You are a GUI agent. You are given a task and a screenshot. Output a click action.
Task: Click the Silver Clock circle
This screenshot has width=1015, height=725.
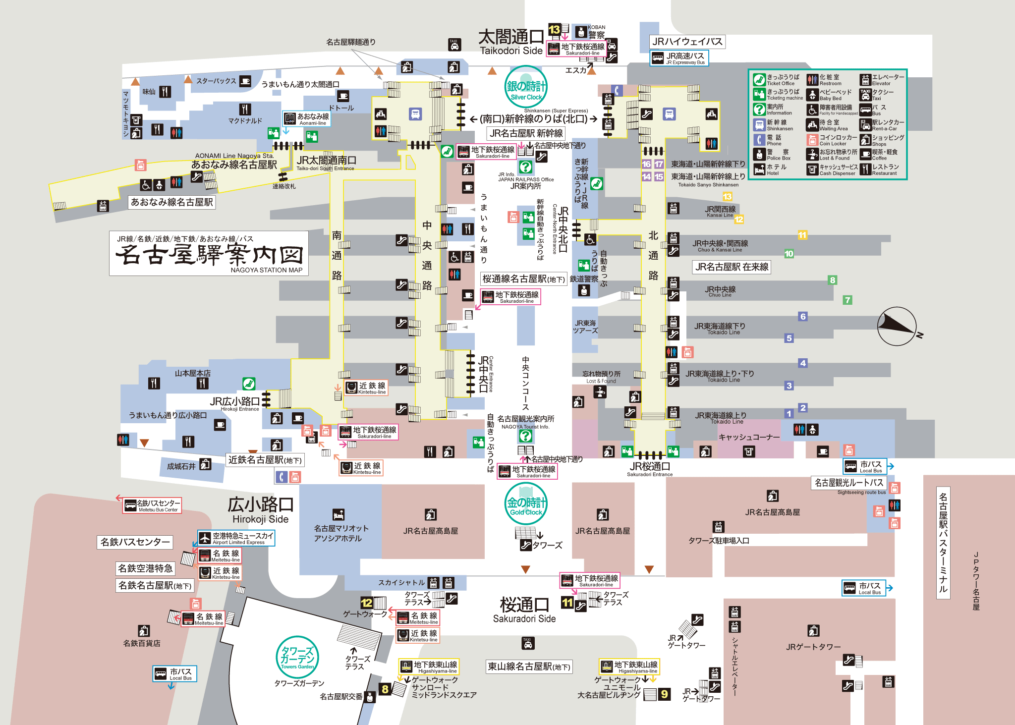pyautogui.click(x=526, y=87)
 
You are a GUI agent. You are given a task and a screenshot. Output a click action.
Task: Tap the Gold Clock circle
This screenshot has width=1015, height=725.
pyautogui.click(x=526, y=503)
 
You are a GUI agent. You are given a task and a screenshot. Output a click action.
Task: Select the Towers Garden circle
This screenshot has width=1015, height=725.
pyautogui.click(x=297, y=657)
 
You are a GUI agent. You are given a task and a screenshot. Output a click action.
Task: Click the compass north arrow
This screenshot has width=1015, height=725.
pyautogui.click(x=898, y=326)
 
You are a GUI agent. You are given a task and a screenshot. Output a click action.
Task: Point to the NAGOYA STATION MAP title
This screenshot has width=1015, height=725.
pyautogui.click(x=209, y=254)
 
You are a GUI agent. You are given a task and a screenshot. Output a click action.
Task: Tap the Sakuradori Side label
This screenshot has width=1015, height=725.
pyautogui.click(x=524, y=610)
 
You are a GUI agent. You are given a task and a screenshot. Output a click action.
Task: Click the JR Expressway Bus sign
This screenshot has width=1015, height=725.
pyautogui.click(x=679, y=58)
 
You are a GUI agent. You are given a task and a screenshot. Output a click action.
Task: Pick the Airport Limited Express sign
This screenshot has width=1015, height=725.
pyautogui.click(x=236, y=538)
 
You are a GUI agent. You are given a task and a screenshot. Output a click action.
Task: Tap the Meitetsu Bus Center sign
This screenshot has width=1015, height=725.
pyautogui.click(x=152, y=505)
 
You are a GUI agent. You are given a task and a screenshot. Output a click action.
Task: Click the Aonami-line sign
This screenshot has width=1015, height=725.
pyautogui.click(x=306, y=119)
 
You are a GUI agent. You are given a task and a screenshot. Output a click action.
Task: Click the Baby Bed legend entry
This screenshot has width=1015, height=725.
pyautogui.click(x=830, y=95)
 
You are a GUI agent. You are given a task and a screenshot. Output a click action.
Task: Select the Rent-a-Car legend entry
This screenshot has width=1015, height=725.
pyautogui.click(x=882, y=125)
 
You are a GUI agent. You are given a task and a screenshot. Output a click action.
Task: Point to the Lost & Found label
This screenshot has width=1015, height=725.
pyautogui.click(x=601, y=377)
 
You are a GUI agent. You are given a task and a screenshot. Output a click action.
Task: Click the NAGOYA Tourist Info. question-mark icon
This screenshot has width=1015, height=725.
pyautogui.click(x=525, y=436)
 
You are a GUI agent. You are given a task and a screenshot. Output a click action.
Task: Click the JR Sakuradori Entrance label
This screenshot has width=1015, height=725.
pyautogui.click(x=650, y=469)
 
